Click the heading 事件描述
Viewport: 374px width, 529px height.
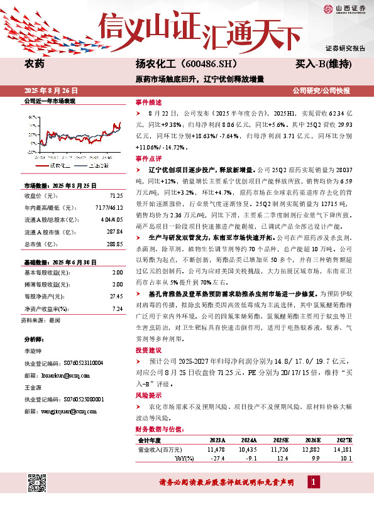(x=148, y=102)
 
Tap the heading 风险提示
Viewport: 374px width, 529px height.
(x=148, y=395)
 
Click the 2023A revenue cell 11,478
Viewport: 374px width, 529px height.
(x=215, y=449)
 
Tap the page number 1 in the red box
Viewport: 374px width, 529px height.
(x=312, y=481)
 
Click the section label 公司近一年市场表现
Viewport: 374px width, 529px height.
(x=49, y=101)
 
